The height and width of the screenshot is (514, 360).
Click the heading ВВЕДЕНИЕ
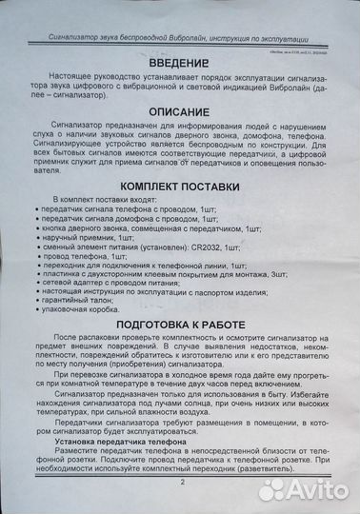(179, 61)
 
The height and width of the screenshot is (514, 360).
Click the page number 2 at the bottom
(182, 483)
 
